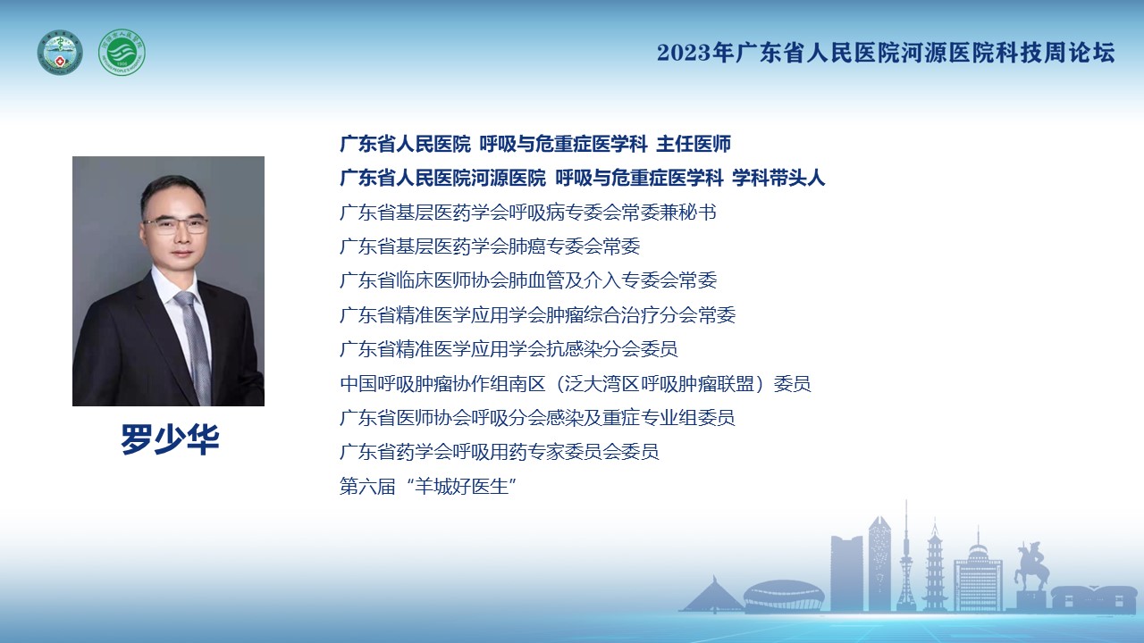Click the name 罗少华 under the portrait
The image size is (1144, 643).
170,438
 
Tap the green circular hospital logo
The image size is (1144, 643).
122,53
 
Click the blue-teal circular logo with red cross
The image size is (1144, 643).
60,53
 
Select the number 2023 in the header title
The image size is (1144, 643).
684,53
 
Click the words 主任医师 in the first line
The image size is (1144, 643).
694,144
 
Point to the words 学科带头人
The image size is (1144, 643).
778,178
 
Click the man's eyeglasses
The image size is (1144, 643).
176,224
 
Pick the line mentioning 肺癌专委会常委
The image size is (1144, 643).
490,246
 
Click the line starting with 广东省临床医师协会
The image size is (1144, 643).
528,280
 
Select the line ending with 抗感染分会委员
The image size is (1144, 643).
509,349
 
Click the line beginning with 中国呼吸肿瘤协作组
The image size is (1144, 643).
575,384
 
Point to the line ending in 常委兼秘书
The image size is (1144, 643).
528,213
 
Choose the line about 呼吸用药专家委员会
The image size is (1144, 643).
500,452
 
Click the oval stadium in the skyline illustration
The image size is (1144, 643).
784,595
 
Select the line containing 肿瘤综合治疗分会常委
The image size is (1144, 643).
538,315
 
